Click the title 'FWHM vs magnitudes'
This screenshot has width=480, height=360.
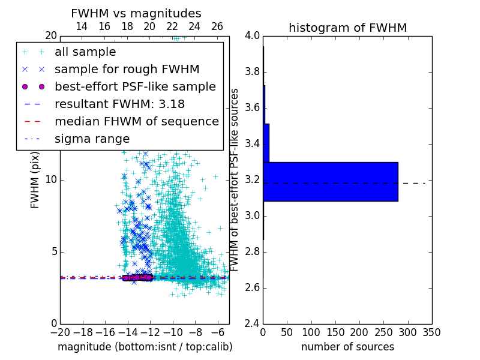click(136, 13)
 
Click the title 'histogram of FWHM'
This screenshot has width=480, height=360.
click(347, 28)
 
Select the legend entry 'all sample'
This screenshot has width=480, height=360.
click(85, 52)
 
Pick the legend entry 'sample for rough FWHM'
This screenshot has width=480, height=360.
click(127, 69)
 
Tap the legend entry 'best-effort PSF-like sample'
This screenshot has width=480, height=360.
click(135, 86)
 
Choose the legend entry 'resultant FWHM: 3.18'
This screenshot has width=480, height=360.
click(119, 104)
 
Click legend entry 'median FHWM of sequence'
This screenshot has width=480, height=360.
click(136, 121)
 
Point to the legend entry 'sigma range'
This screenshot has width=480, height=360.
click(92, 139)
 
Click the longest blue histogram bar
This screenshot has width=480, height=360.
click(330, 182)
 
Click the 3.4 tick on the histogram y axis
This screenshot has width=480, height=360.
click(252, 143)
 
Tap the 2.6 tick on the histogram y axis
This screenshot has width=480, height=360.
click(252, 287)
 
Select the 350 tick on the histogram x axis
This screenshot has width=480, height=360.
click(432, 332)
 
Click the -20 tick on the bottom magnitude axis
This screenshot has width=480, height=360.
click(60, 332)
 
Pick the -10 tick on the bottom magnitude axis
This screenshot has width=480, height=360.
click(173, 332)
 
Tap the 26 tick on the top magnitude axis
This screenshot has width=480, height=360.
click(217, 26)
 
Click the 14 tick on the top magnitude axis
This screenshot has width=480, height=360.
click(82, 26)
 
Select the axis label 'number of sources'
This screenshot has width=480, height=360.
click(347, 347)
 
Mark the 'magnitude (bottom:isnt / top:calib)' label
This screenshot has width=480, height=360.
click(145, 347)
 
